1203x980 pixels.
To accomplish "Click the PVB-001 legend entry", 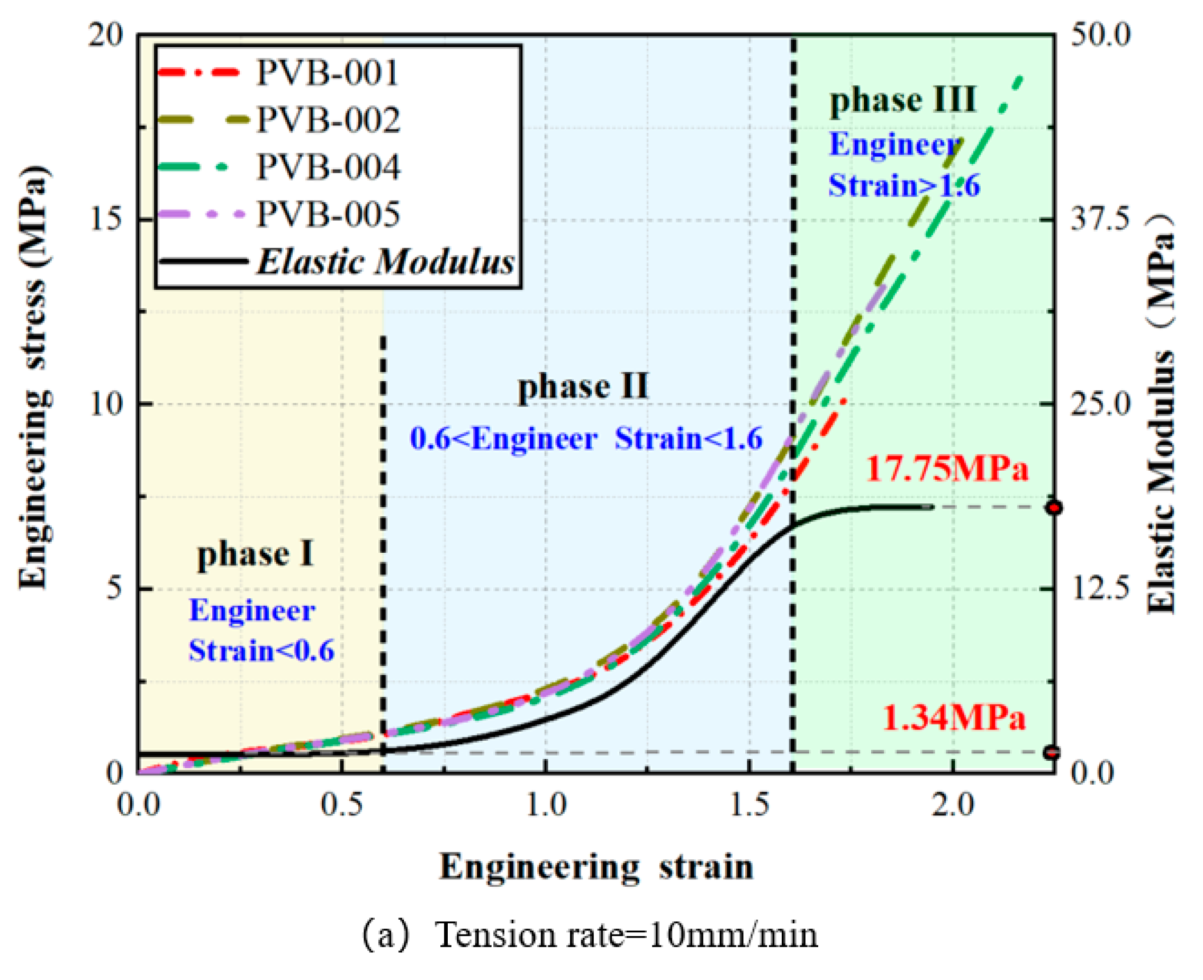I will click(x=327, y=72).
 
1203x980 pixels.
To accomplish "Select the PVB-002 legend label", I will click(x=328, y=120).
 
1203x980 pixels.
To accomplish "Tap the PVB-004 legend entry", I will click(x=328, y=167).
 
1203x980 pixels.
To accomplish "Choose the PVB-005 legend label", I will click(x=328, y=214).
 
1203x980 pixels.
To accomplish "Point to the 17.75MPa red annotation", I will click(x=947, y=469).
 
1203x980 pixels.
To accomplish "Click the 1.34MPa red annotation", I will click(x=954, y=718).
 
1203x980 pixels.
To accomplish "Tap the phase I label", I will click(x=255, y=554).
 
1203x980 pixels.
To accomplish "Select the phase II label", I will click(x=583, y=387).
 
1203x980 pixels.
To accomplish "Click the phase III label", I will click(x=902, y=100).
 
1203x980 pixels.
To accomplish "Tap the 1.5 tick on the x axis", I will click(x=749, y=804).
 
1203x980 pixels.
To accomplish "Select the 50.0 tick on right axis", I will click(x=1101, y=35).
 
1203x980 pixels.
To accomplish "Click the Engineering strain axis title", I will click(x=596, y=867).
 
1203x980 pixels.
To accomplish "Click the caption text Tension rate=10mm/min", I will click(x=626, y=935).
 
